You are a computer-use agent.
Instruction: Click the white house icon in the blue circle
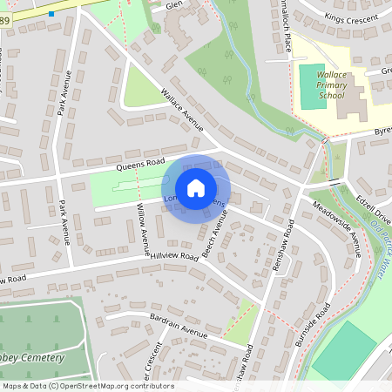click(196, 188)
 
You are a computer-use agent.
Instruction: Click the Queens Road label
click(141, 163)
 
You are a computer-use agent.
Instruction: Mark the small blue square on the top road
click(51, 14)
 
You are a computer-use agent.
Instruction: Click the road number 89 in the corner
click(5, 19)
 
